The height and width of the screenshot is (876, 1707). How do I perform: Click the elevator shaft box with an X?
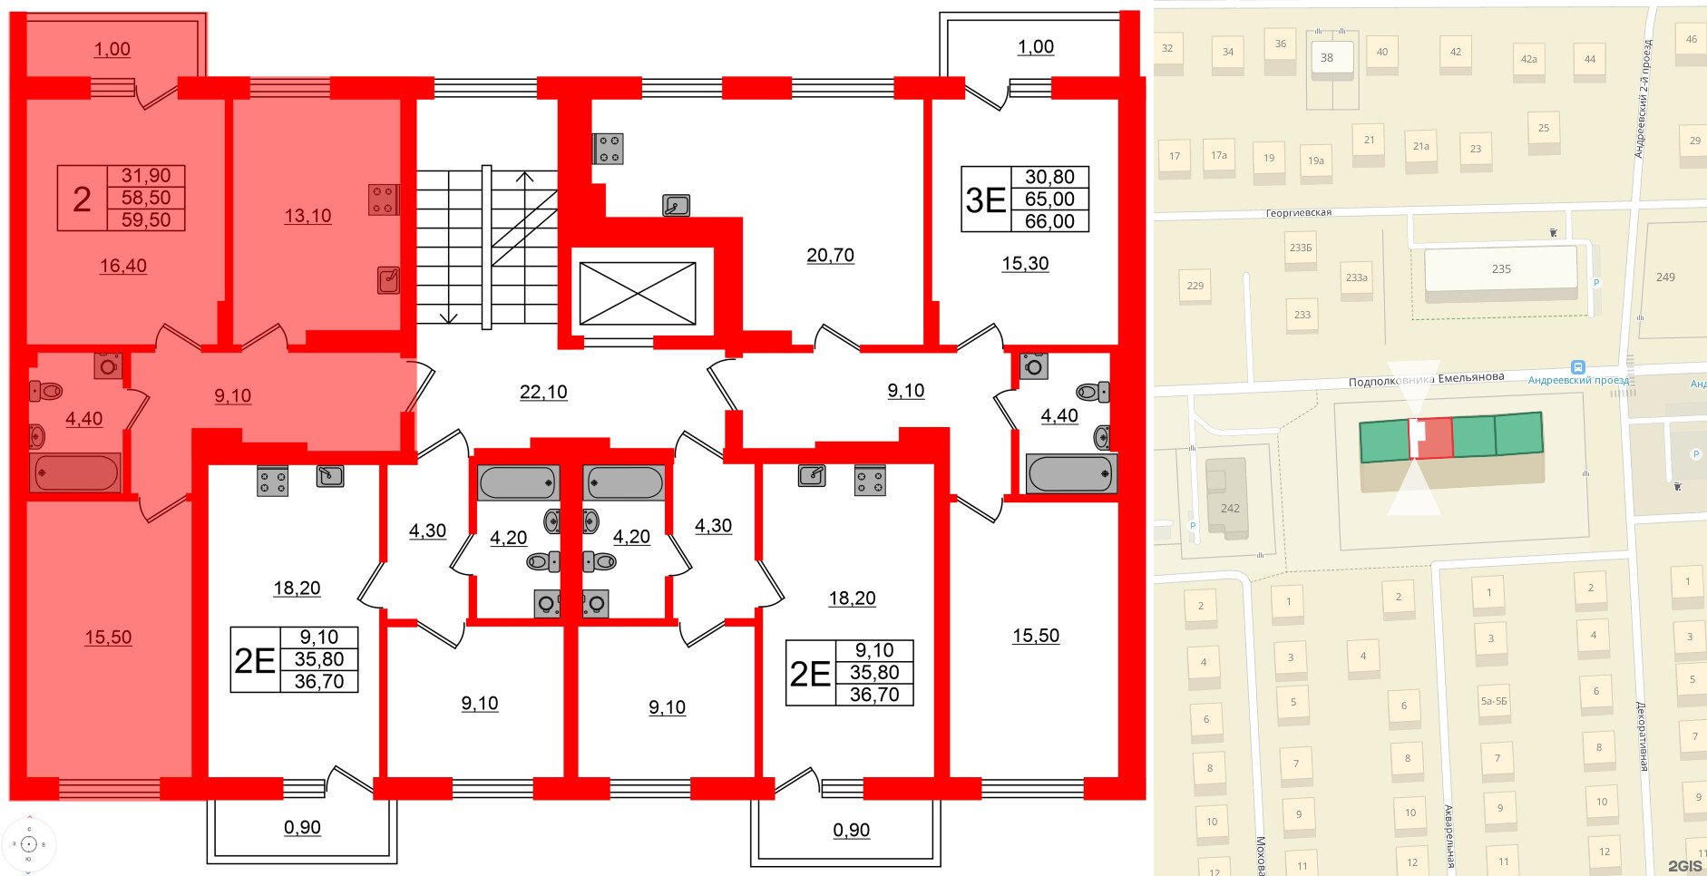pyautogui.click(x=638, y=293)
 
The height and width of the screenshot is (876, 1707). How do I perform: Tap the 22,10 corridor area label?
pyautogui.click(x=543, y=392)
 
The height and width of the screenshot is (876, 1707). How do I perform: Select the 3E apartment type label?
pyautogui.click(x=986, y=200)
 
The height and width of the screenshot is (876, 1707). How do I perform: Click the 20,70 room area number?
pyautogui.click(x=830, y=256)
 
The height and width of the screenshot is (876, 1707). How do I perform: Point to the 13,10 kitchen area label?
pyautogui.click(x=307, y=216)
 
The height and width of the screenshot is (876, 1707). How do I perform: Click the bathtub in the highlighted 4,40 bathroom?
pyautogui.click(x=76, y=472)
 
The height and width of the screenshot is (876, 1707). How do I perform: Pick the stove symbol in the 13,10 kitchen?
pyautogui.click(x=382, y=200)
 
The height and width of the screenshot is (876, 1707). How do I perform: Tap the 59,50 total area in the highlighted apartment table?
pyautogui.click(x=146, y=219)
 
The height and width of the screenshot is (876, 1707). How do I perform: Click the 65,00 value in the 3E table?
pyautogui.click(x=1049, y=200)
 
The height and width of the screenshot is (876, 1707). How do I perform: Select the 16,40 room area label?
pyautogui.click(x=122, y=266)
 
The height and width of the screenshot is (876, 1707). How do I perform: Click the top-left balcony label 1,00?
pyautogui.click(x=112, y=49)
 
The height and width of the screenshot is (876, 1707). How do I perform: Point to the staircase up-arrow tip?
pyautogui.click(x=525, y=174)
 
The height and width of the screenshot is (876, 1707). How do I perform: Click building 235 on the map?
pyautogui.click(x=1500, y=269)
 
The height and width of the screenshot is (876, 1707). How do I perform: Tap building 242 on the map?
pyautogui.click(x=1229, y=508)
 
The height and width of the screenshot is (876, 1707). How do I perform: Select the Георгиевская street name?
pyautogui.click(x=1298, y=213)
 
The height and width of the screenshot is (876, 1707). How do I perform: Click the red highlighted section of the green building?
pyautogui.click(x=1433, y=438)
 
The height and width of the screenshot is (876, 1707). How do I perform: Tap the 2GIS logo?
pyautogui.click(x=1684, y=866)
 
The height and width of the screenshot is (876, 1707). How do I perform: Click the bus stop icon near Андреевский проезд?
pyautogui.click(x=1577, y=367)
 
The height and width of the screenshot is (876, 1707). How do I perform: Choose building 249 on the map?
pyautogui.click(x=1665, y=277)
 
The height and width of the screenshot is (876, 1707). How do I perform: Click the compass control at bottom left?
pyautogui.click(x=28, y=843)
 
